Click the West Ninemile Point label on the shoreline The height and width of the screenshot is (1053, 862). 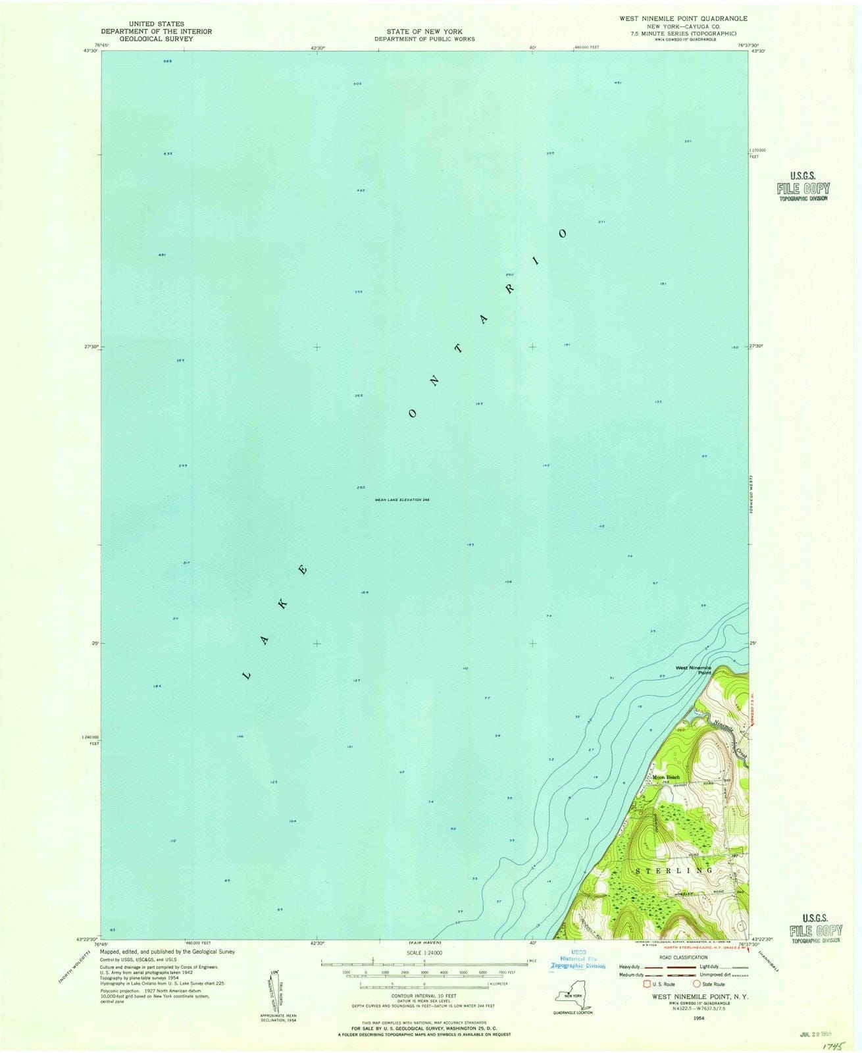point(690,670)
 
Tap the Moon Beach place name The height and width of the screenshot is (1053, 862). point(667,777)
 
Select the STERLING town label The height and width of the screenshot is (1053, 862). point(674,870)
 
